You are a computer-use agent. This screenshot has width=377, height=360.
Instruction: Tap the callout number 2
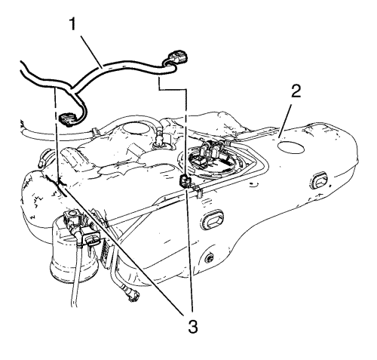coord(296,91)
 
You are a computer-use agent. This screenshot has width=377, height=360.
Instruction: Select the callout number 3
coord(193,327)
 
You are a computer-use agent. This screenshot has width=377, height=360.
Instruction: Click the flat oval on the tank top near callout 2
coord(291,147)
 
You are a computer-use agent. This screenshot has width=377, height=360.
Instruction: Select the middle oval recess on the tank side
coord(213,220)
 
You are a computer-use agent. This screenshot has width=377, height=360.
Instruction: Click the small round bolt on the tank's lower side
coord(209,258)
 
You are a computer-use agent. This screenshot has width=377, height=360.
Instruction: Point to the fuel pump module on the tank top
coord(210,156)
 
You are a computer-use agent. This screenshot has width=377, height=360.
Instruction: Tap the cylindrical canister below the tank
coord(73,251)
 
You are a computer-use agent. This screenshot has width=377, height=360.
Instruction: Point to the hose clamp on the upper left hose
coord(94,131)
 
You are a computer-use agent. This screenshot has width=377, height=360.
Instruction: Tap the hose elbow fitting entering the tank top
coord(159,137)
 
